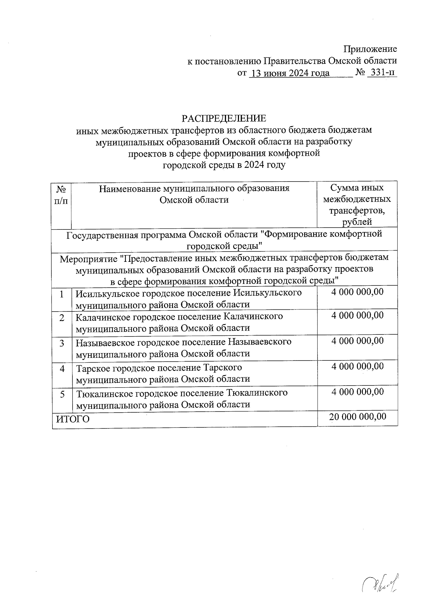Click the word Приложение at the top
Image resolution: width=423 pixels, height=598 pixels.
pyautogui.click(x=370, y=49)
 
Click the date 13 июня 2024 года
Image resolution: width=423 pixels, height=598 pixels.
pyautogui.click(x=289, y=73)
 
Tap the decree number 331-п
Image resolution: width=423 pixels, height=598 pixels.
pyautogui.click(x=381, y=73)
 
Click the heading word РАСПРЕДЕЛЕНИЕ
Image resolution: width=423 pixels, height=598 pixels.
pyautogui.click(x=223, y=118)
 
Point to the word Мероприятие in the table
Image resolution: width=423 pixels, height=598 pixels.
pyautogui.click(x=88, y=258)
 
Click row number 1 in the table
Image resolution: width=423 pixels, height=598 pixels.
pyautogui.click(x=62, y=294)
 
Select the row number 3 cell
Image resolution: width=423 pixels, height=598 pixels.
pyautogui.click(x=62, y=343)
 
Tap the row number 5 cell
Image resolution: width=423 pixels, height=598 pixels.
pyautogui.click(x=62, y=394)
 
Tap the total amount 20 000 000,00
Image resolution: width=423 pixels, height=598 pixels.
pyautogui.click(x=357, y=417)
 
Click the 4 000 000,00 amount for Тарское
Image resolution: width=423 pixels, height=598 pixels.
pyautogui.click(x=357, y=366)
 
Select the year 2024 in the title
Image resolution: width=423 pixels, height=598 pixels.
pyautogui.click(x=253, y=165)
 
